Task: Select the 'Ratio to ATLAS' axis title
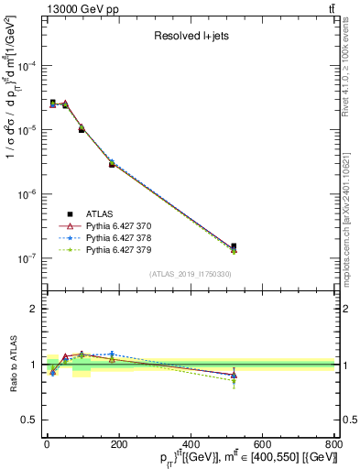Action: point(13,365)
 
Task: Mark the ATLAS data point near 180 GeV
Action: point(112,164)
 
